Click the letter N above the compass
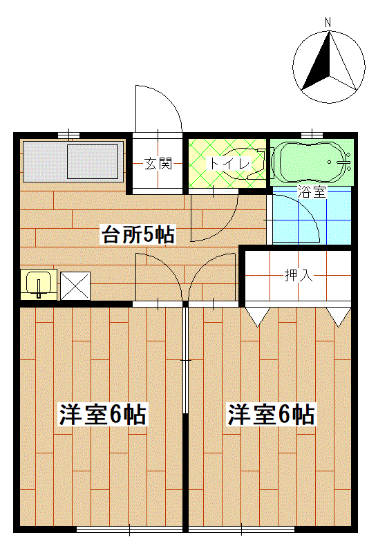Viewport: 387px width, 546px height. (x=328, y=23)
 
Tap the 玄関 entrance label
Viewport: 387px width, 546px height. (x=158, y=163)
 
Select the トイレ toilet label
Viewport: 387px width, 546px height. (x=229, y=163)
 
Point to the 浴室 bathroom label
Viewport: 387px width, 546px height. (x=312, y=192)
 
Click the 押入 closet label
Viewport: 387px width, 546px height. (x=299, y=275)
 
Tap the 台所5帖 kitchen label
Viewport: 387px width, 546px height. (x=138, y=234)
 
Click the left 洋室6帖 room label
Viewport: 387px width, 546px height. (x=103, y=415)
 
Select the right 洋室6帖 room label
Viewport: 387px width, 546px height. (x=272, y=415)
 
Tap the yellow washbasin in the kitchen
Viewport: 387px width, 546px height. (x=38, y=284)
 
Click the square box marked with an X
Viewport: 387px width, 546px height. (x=75, y=286)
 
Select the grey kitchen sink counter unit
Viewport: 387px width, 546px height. (x=73, y=161)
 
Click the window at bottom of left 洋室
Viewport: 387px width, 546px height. (x=130, y=529)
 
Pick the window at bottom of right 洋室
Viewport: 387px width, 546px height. (x=241, y=529)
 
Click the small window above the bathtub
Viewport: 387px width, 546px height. (x=312, y=134)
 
